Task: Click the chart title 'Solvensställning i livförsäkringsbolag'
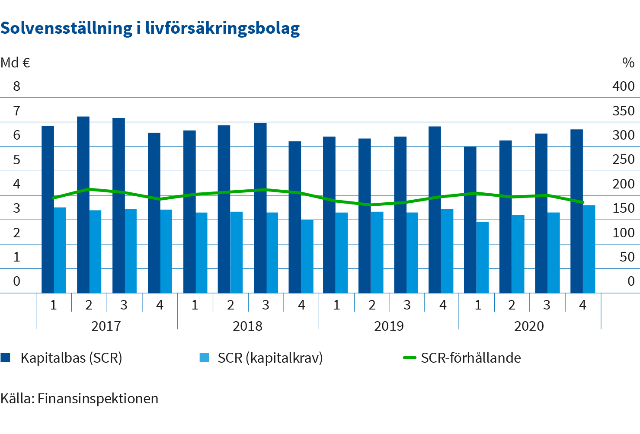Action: (150, 29)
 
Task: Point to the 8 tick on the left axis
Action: (16, 86)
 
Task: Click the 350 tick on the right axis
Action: (623, 111)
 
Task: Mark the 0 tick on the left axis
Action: (16, 281)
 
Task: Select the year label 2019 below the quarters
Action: (389, 326)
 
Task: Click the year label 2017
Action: (106, 326)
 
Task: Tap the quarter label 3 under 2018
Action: (266, 305)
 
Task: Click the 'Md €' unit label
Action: (15, 63)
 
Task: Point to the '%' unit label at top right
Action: (628, 63)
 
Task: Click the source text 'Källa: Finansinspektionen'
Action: (80, 398)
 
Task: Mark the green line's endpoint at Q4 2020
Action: (582, 202)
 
